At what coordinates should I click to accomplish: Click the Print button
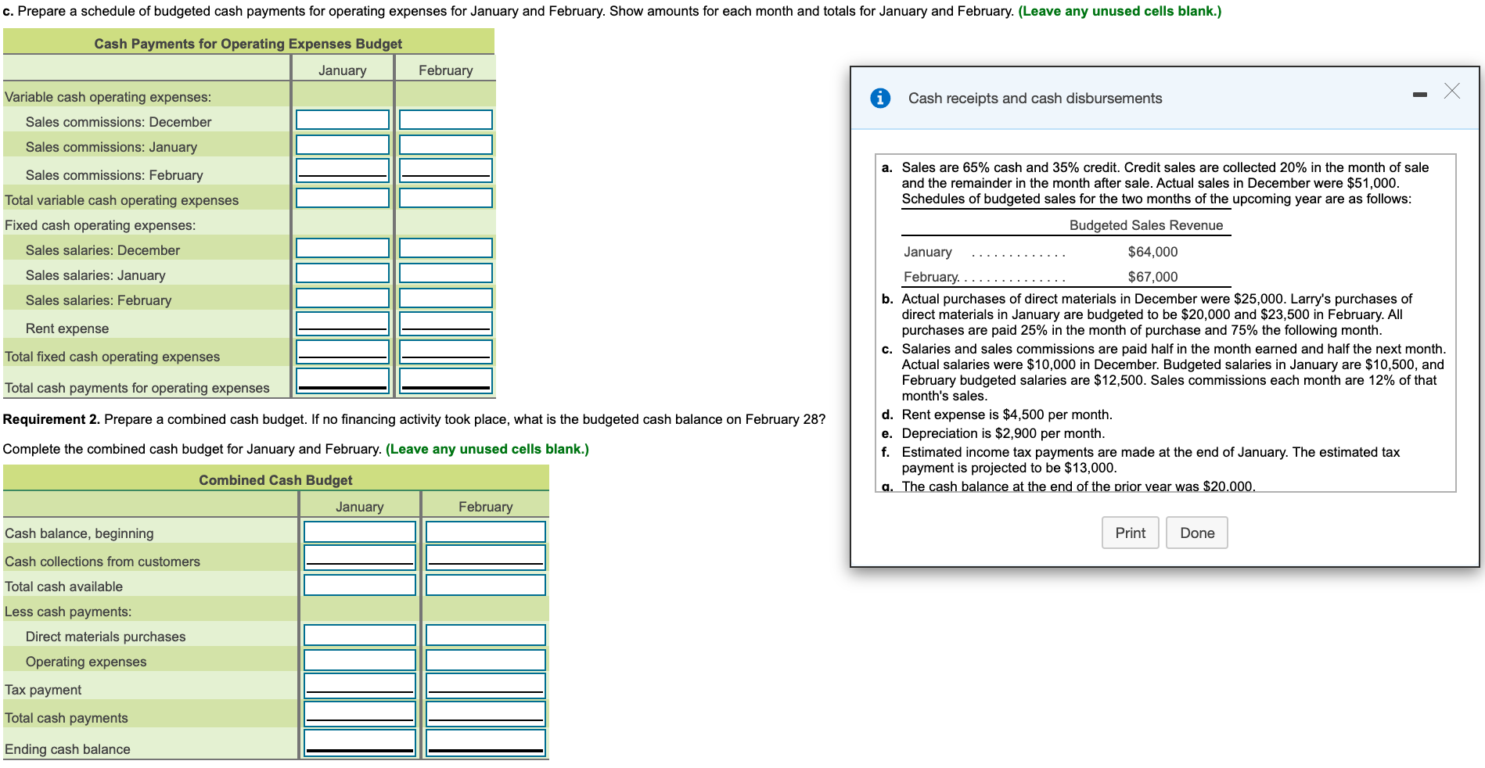(x=1130, y=533)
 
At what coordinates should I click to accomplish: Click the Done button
(x=1196, y=533)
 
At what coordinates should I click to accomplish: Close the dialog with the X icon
(x=1451, y=92)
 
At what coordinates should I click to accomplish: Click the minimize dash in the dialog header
(x=1420, y=95)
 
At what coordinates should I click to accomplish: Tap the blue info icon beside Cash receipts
(x=880, y=99)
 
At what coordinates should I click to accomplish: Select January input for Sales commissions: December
(x=342, y=120)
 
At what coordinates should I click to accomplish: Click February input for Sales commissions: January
(x=445, y=145)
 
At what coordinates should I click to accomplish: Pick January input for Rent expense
(x=342, y=324)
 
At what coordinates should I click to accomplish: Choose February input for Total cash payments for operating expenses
(x=445, y=380)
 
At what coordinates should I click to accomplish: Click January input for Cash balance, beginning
(x=359, y=532)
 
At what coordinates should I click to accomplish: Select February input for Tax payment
(x=485, y=685)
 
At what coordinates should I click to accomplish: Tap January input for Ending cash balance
(x=359, y=743)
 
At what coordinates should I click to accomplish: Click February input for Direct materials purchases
(x=485, y=635)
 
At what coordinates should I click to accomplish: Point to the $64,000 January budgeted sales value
(x=1152, y=252)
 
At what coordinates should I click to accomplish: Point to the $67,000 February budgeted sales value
(x=1152, y=277)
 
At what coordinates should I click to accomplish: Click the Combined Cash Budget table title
(x=275, y=480)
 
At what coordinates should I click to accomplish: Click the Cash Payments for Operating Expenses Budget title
(x=248, y=44)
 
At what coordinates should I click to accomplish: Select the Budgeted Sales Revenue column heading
(x=1145, y=225)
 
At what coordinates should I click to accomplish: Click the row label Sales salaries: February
(x=99, y=300)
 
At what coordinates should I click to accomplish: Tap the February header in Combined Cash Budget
(x=485, y=507)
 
